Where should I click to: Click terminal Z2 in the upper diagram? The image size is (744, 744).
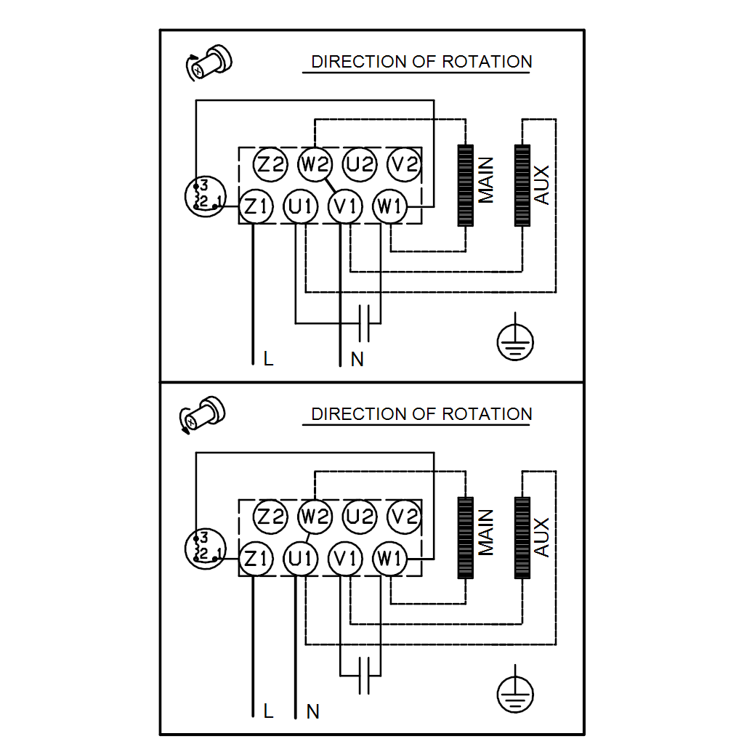[x=271, y=164]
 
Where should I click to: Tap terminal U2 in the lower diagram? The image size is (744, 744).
[x=360, y=517]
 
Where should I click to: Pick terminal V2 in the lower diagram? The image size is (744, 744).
[x=404, y=517]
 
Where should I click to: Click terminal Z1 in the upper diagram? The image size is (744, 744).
[x=256, y=207]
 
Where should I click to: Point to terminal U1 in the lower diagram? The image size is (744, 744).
[x=300, y=559]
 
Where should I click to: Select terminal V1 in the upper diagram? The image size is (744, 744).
[x=345, y=207]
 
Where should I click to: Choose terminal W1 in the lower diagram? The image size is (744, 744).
[x=390, y=559]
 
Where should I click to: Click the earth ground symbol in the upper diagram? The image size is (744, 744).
[x=515, y=340]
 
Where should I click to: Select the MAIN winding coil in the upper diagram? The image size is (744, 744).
[x=465, y=185]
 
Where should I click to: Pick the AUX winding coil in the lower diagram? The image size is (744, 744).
[x=522, y=537]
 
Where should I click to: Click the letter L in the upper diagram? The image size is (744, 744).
[x=269, y=359]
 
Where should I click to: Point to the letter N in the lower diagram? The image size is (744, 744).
[x=313, y=711]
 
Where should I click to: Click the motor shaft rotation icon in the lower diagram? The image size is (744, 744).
[x=202, y=415]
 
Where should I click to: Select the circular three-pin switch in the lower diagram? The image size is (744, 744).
[x=205, y=549]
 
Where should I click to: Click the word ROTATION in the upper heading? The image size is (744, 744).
[x=487, y=62]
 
